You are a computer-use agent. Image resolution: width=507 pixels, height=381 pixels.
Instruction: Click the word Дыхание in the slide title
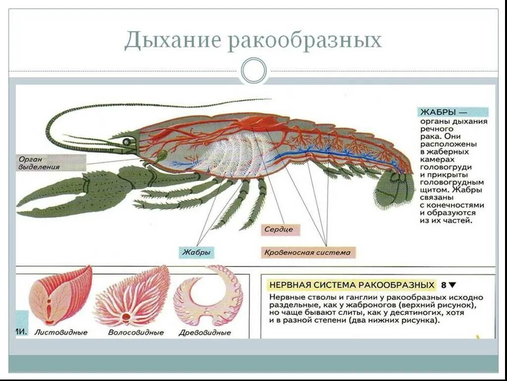point(172,40)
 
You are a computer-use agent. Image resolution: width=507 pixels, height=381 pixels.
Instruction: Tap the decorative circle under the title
point(253,70)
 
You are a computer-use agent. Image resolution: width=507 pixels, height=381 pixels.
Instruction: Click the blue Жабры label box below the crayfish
point(197,253)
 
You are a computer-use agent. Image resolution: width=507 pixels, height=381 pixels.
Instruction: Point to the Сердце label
point(278,230)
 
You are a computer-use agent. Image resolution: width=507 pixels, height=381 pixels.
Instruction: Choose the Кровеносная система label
point(307,253)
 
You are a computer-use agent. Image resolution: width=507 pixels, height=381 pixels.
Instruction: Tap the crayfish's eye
point(127,141)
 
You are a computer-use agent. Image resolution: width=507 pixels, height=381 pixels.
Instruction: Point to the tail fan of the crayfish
point(394,190)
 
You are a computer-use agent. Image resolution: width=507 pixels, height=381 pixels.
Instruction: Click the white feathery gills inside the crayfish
point(233,154)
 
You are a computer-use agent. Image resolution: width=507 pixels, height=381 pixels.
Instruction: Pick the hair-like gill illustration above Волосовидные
point(133,296)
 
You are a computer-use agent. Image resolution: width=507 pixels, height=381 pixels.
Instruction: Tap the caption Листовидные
point(60,332)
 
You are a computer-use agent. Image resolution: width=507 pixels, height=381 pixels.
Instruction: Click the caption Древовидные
point(205,332)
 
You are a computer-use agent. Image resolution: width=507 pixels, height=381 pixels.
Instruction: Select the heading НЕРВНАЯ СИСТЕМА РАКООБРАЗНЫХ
point(352,285)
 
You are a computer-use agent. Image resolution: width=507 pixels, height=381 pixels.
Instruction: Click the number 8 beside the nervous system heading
point(444,285)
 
